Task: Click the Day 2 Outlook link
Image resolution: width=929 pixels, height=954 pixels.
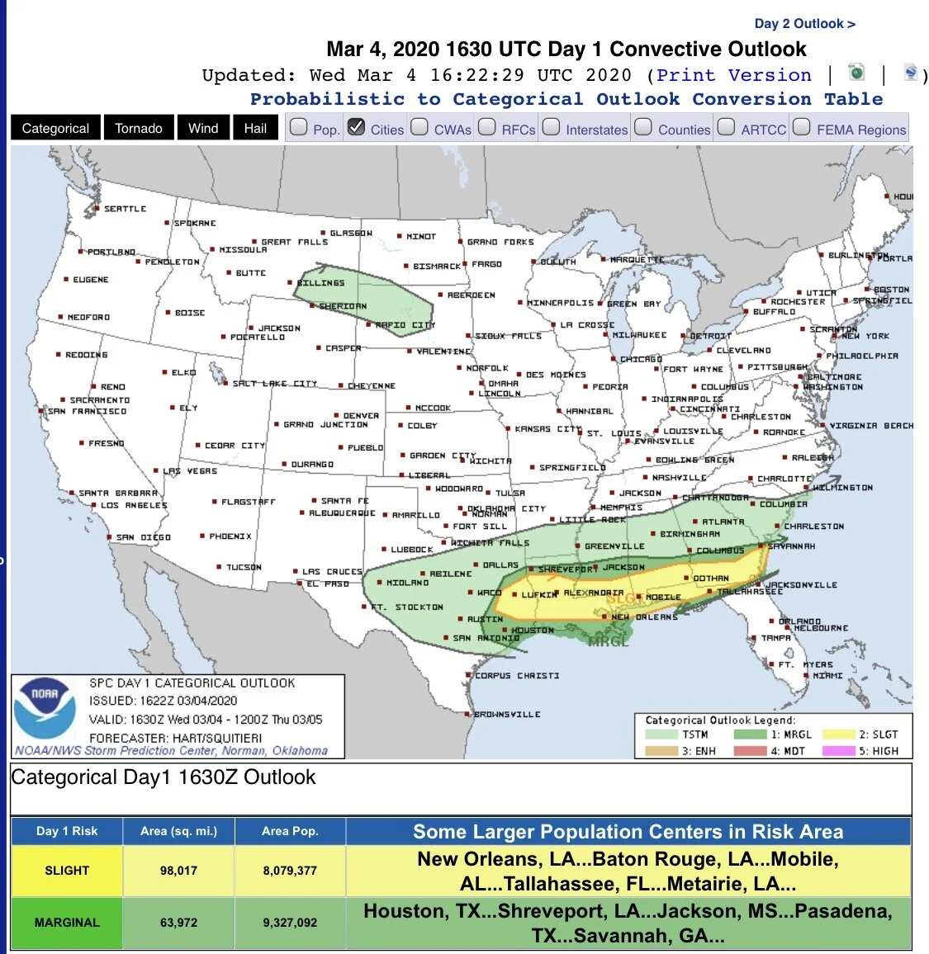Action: click(x=804, y=24)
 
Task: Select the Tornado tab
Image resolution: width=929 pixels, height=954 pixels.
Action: click(x=139, y=128)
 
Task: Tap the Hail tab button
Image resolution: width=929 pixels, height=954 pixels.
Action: click(x=255, y=128)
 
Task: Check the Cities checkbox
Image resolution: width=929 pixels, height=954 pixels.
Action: click(x=357, y=127)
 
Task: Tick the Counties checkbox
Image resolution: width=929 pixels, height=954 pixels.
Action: click(x=644, y=127)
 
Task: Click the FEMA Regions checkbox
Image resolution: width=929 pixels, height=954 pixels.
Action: click(x=802, y=127)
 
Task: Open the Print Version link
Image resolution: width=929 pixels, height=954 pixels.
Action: click(x=733, y=75)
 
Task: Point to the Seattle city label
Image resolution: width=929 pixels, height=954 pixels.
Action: click(x=125, y=209)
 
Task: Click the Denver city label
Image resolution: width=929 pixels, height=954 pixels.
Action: click(x=361, y=416)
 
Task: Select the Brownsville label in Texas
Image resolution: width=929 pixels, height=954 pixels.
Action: click(x=507, y=714)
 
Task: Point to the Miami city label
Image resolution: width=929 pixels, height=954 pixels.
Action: click(x=827, y=675)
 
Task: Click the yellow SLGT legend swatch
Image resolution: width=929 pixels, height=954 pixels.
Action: click(x=838, y=734)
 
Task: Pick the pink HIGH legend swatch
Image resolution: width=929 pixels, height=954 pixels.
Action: click(x=838, y=751)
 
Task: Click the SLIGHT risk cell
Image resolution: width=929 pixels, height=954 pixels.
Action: click(x=67, y=871)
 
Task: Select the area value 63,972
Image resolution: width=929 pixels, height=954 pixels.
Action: click(x=178, y=923)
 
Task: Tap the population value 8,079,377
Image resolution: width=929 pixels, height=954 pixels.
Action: click(x=290, y=871)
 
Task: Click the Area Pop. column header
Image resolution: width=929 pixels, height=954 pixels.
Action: click(x=290, y=831)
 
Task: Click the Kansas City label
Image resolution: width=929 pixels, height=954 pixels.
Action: click(x=548, y=429)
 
